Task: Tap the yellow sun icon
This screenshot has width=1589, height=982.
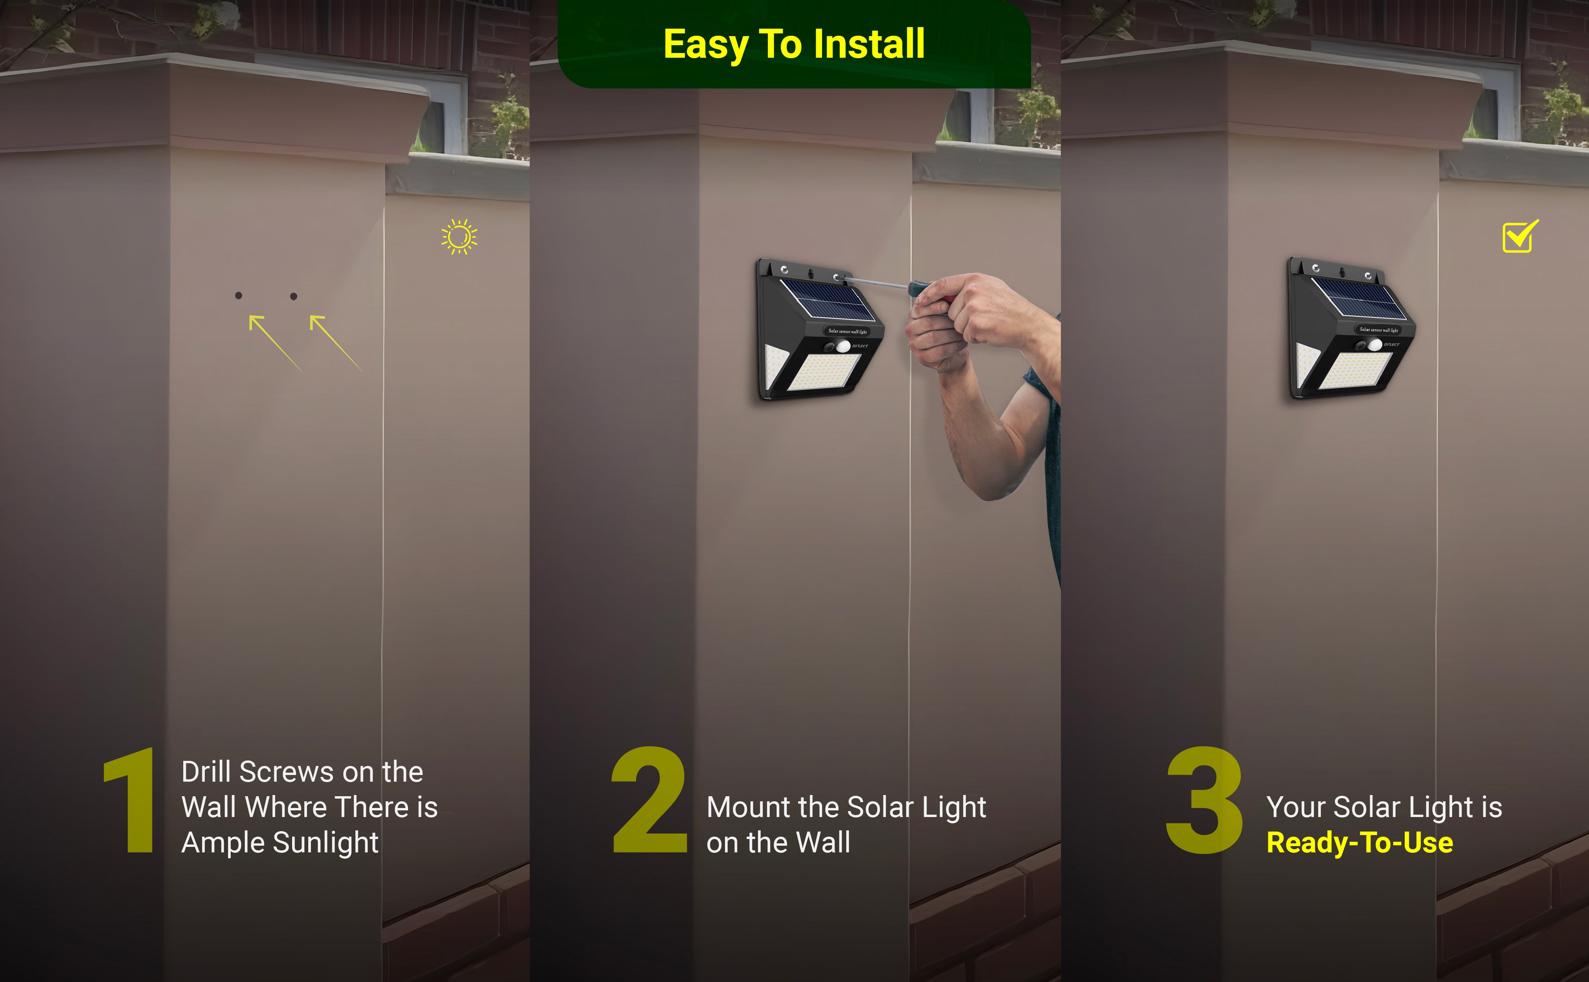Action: coord(460,236)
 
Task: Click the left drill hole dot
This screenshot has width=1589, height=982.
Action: coord(239,295)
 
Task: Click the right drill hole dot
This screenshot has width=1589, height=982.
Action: coord(294,296)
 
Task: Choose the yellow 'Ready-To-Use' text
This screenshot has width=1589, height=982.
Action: coord(1359,843)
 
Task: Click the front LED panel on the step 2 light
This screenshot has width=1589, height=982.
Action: coord(824,372)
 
